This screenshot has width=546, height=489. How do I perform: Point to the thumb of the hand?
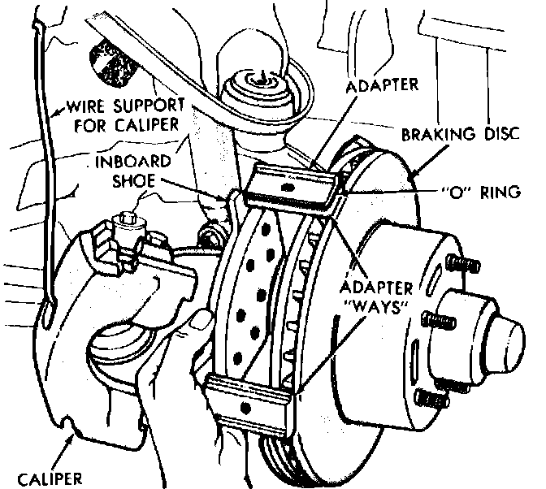point(193,326)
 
